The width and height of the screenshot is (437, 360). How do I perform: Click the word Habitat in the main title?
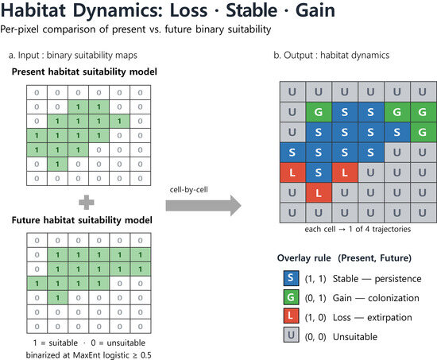(x=33, y=10)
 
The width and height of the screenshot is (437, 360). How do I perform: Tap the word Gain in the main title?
(x=315, y=10)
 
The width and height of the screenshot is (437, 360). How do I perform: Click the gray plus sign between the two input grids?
(x=87, y=202)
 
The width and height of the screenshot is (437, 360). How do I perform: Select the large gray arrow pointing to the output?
(x=203, y=206)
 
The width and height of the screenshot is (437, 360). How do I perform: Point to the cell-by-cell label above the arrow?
(x=188, y=190)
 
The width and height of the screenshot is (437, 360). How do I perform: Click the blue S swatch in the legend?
(x=291, y=278)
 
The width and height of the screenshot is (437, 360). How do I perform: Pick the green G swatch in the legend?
(x=291, y=297)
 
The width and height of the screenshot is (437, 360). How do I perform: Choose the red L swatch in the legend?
(x=291, y=316)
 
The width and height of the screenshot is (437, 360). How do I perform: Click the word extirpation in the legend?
(x=389, y=318)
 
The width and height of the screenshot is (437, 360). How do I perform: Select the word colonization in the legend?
(x=393, y=298)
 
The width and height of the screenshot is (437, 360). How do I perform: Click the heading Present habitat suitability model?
(x=84, y=72)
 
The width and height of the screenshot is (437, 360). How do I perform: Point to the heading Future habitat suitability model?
(x=82, y=220)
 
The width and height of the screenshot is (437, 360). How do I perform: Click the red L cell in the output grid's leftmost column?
(x=292, y=172)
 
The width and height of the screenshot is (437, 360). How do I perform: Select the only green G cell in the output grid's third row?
(x=423, y=132)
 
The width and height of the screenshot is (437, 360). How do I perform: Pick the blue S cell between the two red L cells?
(x=319, y=172)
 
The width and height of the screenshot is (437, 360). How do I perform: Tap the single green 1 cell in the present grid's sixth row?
(x=57, y=164)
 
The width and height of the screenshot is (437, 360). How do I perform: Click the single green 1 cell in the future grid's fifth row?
(x=58, y=298)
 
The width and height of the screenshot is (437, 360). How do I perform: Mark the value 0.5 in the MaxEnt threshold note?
(x=146, y=355)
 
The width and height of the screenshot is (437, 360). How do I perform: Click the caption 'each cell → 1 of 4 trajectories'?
(x=358, y=229)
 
